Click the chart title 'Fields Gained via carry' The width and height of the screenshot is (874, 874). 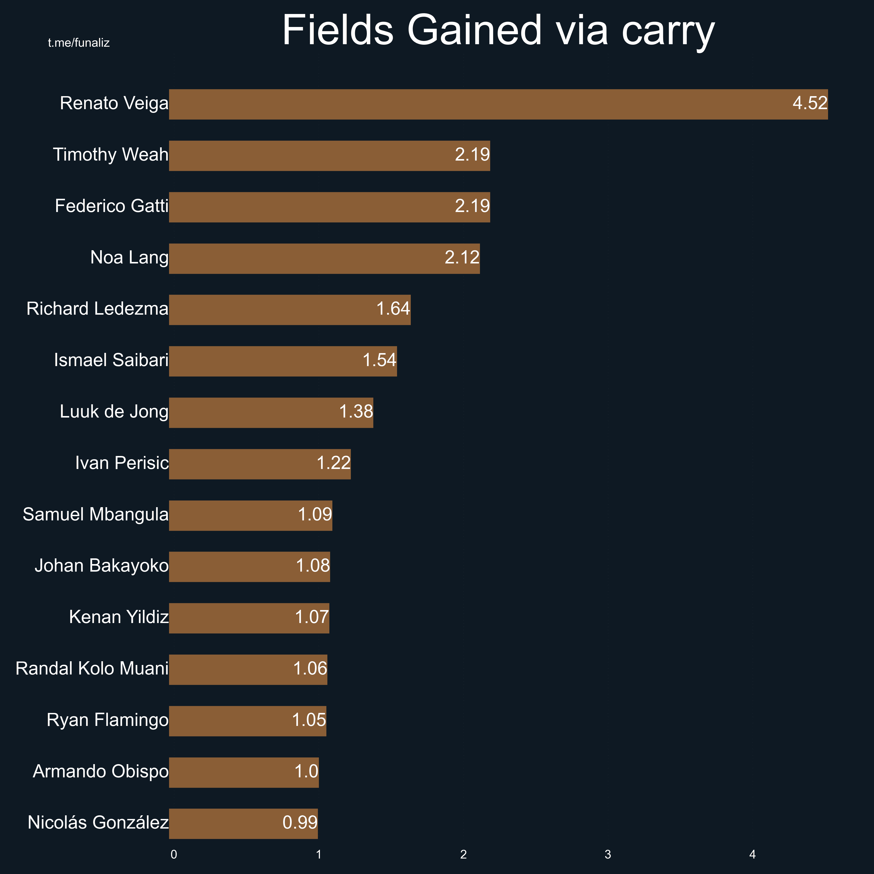(498, 31)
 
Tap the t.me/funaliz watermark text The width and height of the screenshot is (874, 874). (79, 43)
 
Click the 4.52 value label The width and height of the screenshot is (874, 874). (810, 103)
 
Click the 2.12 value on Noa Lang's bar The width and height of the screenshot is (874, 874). (462, 257)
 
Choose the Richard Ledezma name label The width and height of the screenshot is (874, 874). (97, 309)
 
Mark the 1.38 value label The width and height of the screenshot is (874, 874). (356, 412)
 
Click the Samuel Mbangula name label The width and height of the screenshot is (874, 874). (95, 514)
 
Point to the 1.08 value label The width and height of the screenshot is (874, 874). (313, 565)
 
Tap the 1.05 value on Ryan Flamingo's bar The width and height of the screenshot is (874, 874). (309, 720)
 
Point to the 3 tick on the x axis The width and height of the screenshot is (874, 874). (608, 855)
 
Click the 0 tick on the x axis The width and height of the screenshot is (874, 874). (174, 855)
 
